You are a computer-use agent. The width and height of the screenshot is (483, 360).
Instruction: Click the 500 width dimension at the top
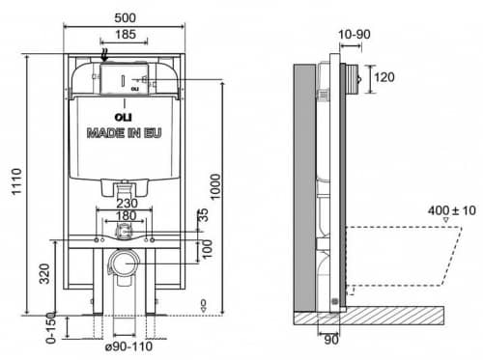point(126,17)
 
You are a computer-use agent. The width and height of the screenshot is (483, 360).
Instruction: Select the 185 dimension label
point(126,34)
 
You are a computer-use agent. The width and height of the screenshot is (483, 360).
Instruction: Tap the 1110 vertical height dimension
point(16,181)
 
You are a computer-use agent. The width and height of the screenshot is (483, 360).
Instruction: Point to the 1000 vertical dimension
point(215,187)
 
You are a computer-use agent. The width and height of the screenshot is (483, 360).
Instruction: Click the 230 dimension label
point(127,204)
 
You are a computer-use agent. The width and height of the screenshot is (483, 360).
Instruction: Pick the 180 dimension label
point(127,215)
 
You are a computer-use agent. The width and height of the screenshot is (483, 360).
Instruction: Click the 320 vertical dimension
point(44,274)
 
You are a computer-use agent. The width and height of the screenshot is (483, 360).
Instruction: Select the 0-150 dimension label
point(51,328)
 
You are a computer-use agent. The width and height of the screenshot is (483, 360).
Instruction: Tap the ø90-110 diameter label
point(128,346)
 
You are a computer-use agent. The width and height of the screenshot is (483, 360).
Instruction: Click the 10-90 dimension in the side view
point(355,34)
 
